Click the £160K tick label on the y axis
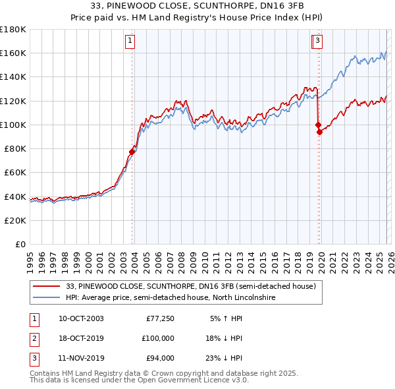pyautogui.click(x=13, y=53)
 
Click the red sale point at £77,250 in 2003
pyautogui.click(x=132, y=152)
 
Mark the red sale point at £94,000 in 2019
pyautogui.click(x=319, y=132)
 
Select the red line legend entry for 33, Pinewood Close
pyautogui.click(x=191, y=286)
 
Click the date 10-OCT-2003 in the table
pyautogui.click(x=81, y=318)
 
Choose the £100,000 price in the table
pyautogui.click(x=158, y=338)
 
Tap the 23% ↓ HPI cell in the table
pyautogui.click(x=226, y=358)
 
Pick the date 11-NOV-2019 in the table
pyautogui.click(x=81, y=358)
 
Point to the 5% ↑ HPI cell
pyautogui.click(x=227, y=318)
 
